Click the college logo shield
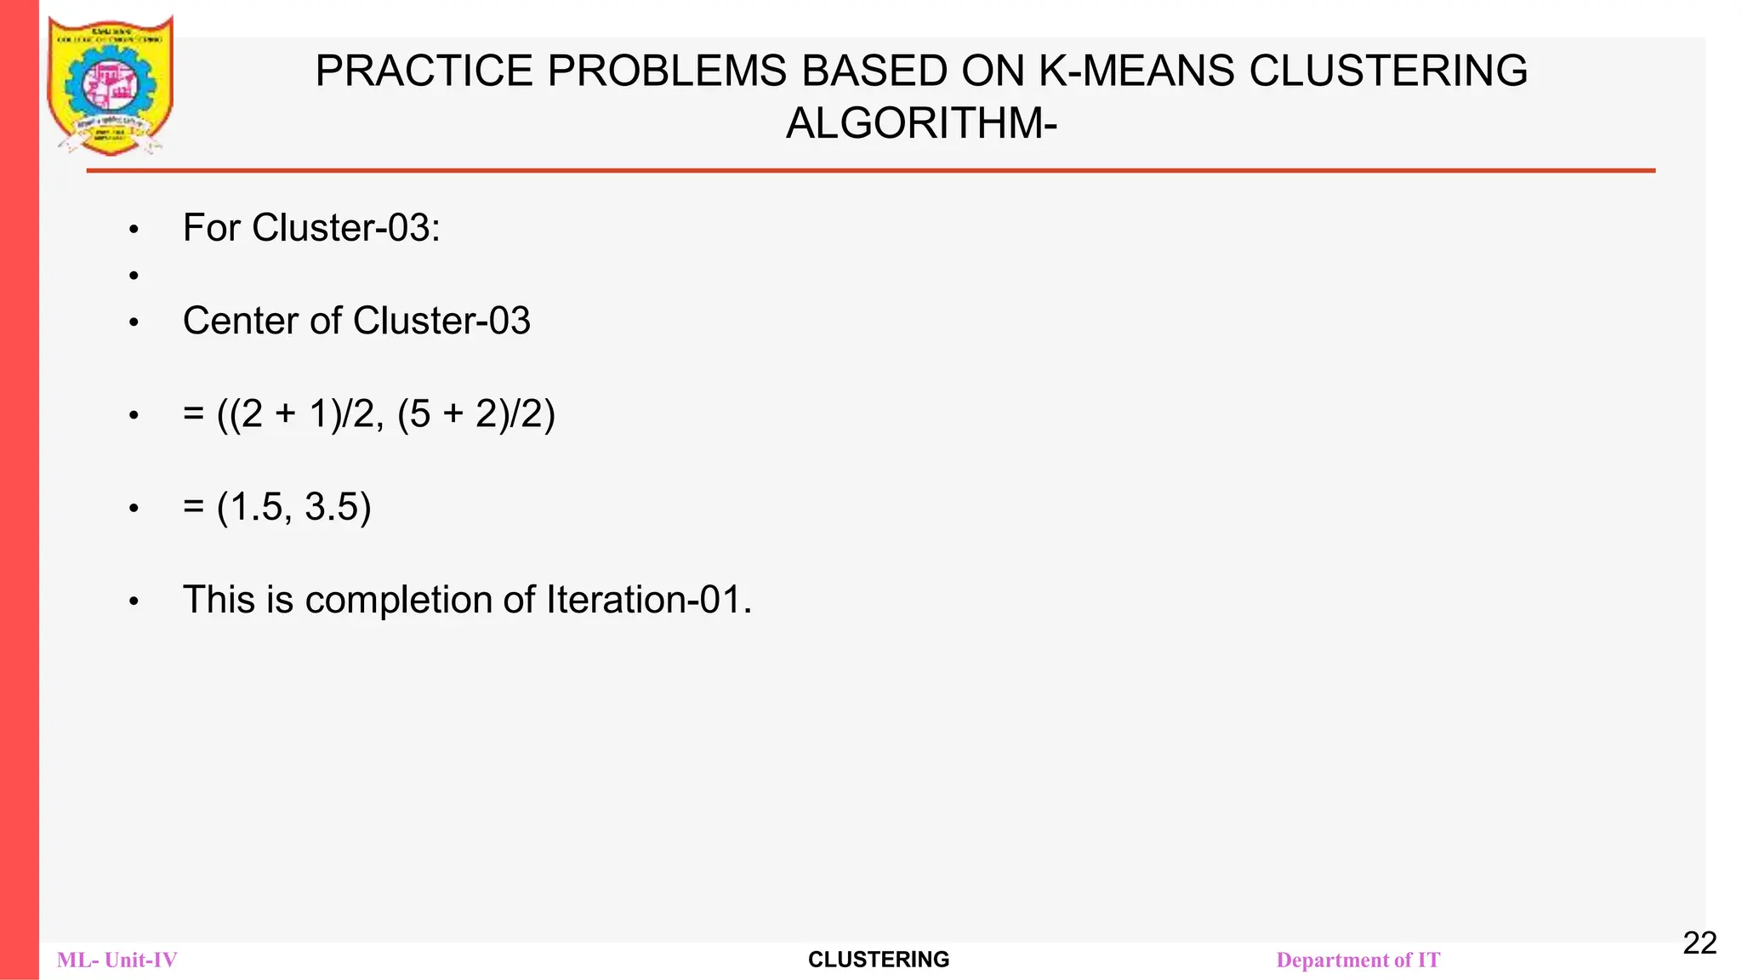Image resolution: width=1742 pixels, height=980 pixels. click(x=110, y=85)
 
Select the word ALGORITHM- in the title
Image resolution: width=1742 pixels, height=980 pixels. click(x=921, y=123)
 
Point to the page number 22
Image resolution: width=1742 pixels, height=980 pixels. click(x=1699, y=943)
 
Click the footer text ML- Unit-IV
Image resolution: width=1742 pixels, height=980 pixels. click(x=117, y=960)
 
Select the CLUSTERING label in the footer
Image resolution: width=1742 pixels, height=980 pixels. click(x=878, y=960)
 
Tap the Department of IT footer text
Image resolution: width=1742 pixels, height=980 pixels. click(x=1358, y=960)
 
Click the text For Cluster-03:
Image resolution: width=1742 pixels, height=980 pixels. click(x=311, y=228)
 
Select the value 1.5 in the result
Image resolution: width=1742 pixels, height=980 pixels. click(x=256, y=507)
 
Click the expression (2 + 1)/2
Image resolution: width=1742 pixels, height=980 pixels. click(x=302, y=414)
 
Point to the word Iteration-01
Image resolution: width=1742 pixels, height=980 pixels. click(x=648, y=600)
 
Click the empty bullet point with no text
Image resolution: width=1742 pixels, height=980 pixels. click(x=134, y=276)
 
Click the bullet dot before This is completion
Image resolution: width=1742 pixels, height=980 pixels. click(x=134, y=602)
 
